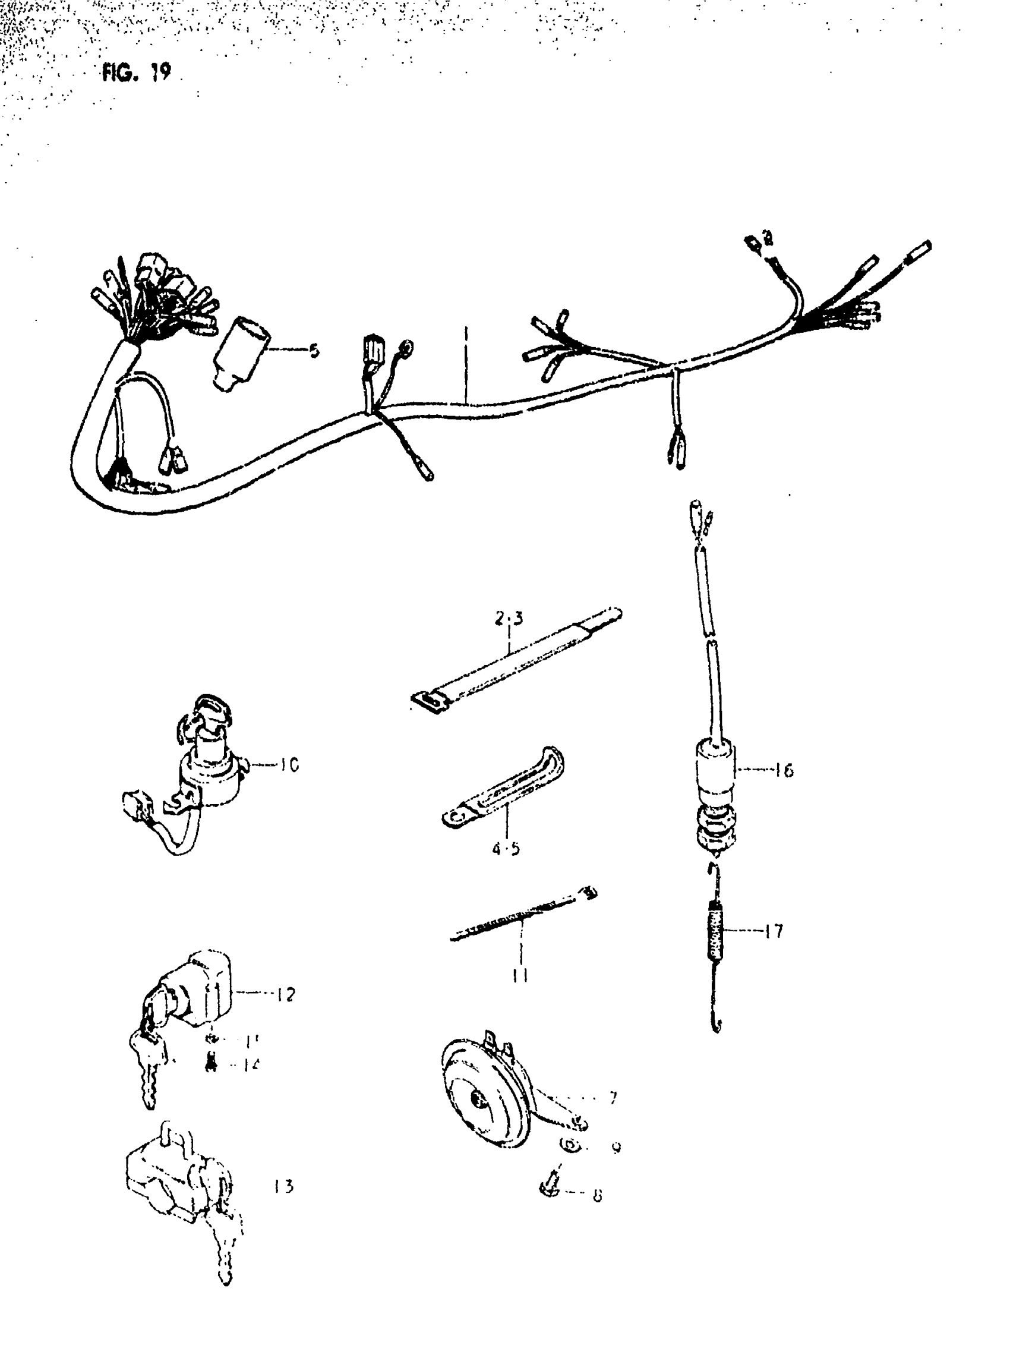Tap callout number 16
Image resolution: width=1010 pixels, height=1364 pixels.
[x=783, y=770]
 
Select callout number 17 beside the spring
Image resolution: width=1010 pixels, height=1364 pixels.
[x=774, y=931]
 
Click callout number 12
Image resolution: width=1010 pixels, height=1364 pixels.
[x=285, y=994]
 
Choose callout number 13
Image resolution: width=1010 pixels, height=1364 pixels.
[x=283, y=1186]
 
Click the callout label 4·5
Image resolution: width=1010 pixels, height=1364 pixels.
[x=506, y=849]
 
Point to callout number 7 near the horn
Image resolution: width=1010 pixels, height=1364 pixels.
[x=613, y=1097]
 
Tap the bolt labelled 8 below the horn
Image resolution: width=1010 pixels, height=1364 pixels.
[x=550, y=1187]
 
